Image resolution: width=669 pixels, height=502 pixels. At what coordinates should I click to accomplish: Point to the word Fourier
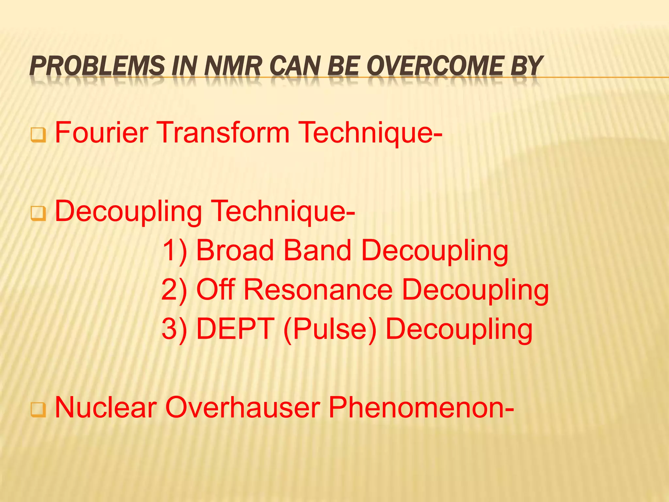pos(102,132)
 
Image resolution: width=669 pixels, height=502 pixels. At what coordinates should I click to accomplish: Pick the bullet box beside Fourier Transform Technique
pos(38,135)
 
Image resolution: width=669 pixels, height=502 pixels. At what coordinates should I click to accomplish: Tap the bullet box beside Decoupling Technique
pos(38,214)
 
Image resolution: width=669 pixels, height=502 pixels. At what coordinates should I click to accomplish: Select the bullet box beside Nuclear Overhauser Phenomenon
pos(38,410)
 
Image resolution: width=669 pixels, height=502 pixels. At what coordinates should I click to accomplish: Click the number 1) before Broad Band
pos(175,251)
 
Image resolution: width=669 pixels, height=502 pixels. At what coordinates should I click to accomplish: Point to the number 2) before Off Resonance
pos(175,290)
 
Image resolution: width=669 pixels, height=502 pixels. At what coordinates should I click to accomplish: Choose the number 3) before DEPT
pos(175,329)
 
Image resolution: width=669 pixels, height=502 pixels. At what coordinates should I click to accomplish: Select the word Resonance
pos(318,290)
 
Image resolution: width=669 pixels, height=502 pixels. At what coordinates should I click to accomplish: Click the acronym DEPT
pos(235,329)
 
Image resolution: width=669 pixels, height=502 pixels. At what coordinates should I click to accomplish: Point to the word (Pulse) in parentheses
pos(330,329)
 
